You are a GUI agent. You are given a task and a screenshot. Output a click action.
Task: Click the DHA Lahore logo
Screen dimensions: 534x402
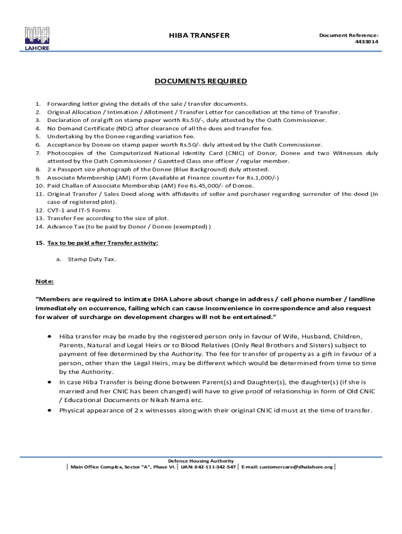[37, 38]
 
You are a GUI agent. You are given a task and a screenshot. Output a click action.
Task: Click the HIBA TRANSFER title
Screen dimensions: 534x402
[199, 35]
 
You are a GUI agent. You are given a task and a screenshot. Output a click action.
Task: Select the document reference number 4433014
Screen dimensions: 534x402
[368, 42]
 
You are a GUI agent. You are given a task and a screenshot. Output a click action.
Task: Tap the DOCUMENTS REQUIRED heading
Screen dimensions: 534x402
[200, 81]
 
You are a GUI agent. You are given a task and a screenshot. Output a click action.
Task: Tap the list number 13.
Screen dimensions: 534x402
[40, 219]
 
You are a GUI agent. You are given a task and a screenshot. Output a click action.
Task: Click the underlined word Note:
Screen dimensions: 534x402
[44, 282]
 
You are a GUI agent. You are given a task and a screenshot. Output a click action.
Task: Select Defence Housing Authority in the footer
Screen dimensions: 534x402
[200, 461]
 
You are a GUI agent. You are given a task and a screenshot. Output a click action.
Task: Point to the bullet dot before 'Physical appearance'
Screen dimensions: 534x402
[49, 410]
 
